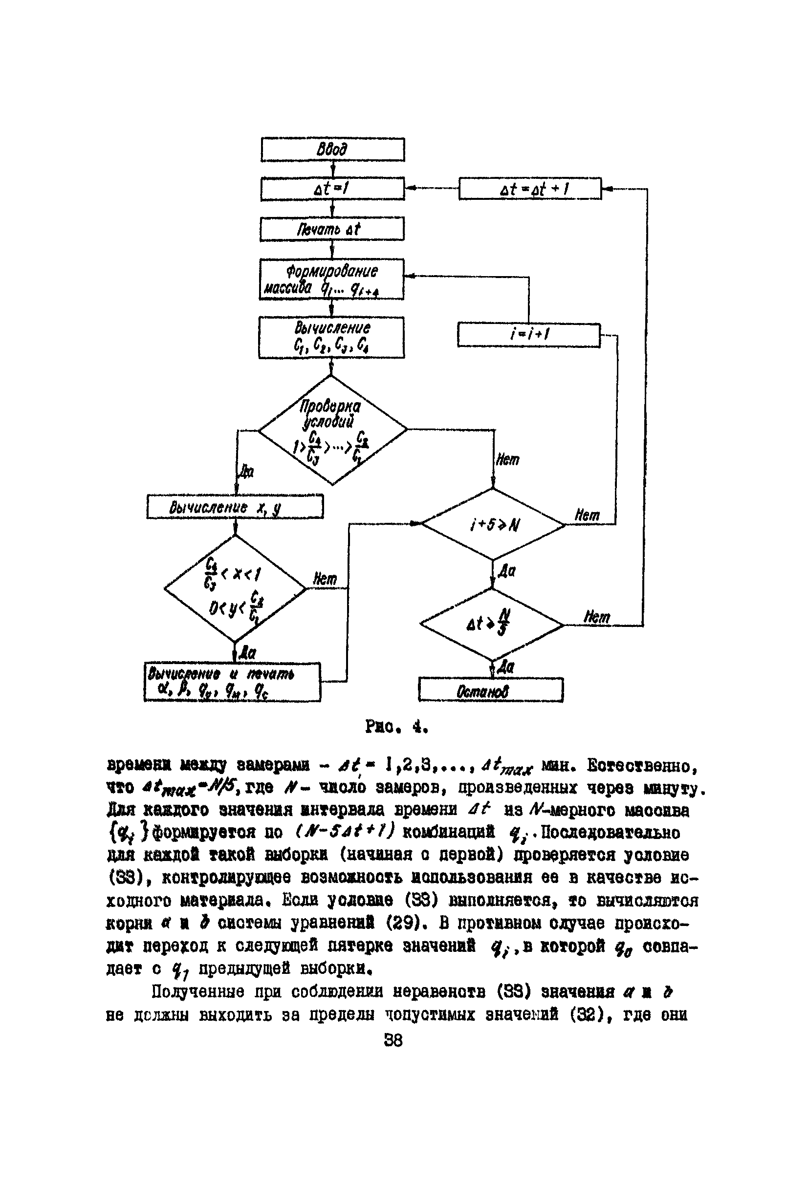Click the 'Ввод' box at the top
pos(332,150)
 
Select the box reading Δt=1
pos(332,189)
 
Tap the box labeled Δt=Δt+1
pos(530,189)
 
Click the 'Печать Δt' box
pos(332,229)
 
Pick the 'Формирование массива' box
pos(331,280)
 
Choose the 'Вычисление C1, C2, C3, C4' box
pos(331,338)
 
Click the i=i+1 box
pos(529,335)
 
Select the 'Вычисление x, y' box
pos(235,507)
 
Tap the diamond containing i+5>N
pos(493,524)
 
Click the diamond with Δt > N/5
pos(492,624)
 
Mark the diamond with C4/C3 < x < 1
pos(235,588)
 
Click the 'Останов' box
pos(491,691)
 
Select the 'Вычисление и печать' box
pos(232,682)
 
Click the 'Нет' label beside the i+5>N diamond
pos(587,515)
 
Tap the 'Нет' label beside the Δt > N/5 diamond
pos(596,617)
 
